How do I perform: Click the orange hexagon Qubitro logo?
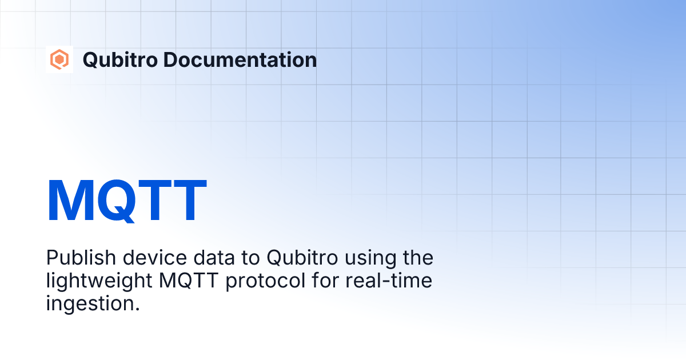coord(59,59)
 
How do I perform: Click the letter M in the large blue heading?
coord(70,201)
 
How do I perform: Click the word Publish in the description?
coord(75,258)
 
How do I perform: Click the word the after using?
coord(417,258)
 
